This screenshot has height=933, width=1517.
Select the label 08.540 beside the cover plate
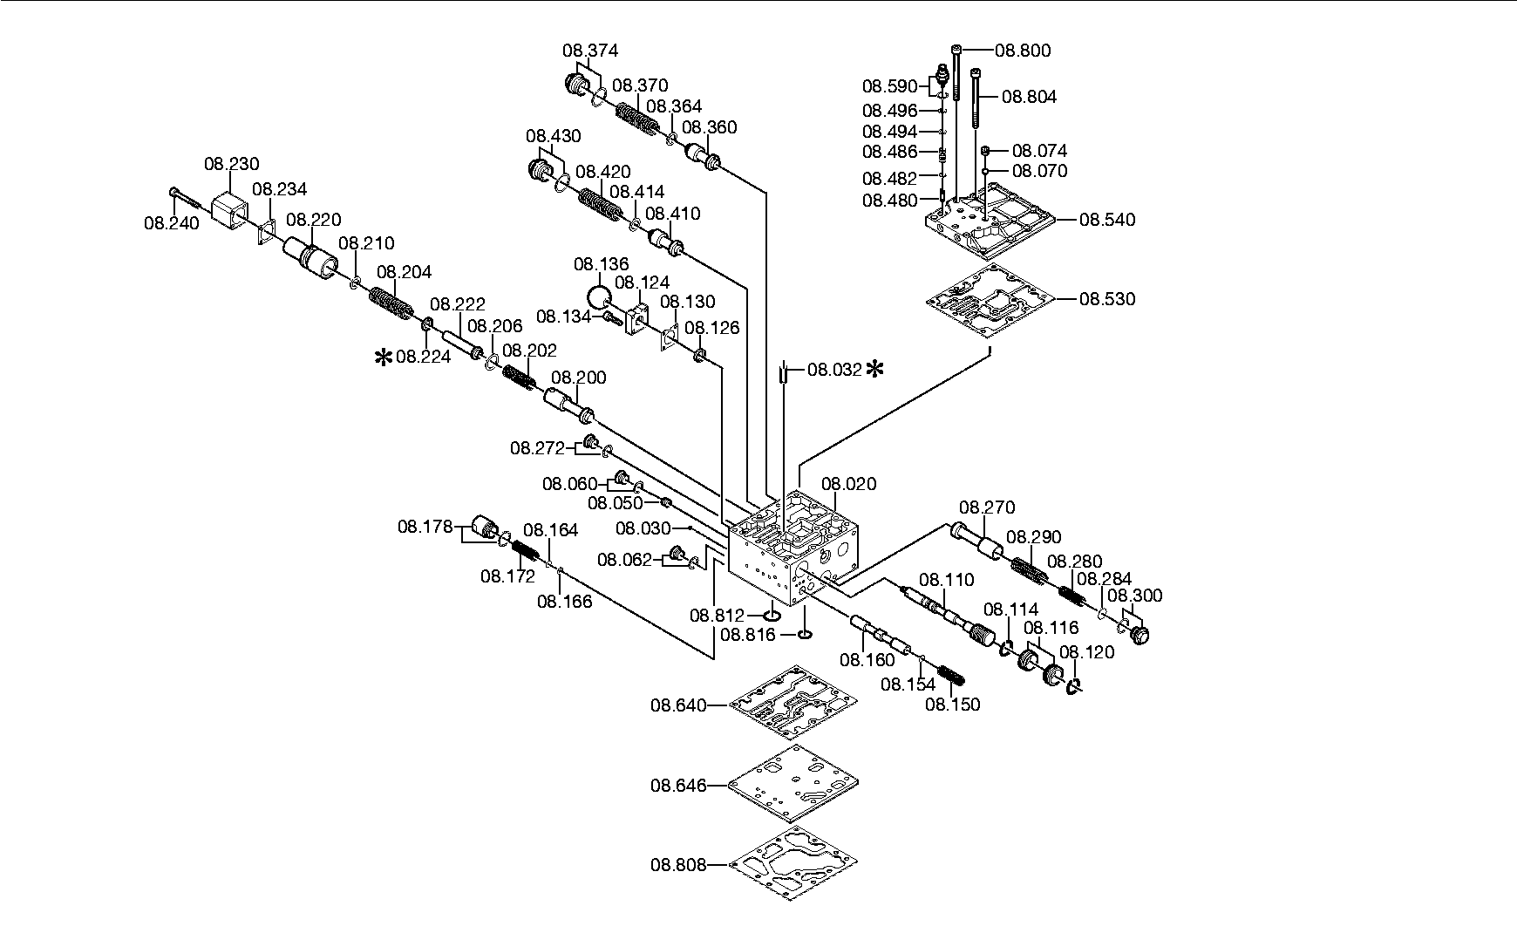coord(1107,220)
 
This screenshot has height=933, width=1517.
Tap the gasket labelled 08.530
coord(990,299)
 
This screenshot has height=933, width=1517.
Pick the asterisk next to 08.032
coord(874,369)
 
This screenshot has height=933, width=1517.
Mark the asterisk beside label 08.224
coord(383,357)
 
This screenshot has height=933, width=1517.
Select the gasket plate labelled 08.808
coord(793,864)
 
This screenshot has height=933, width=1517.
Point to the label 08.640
coord(677,704)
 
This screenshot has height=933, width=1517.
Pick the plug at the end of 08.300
coord(1139,635)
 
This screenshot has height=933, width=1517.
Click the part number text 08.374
coord(590,51)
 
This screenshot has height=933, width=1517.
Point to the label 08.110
coord(947,580)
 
